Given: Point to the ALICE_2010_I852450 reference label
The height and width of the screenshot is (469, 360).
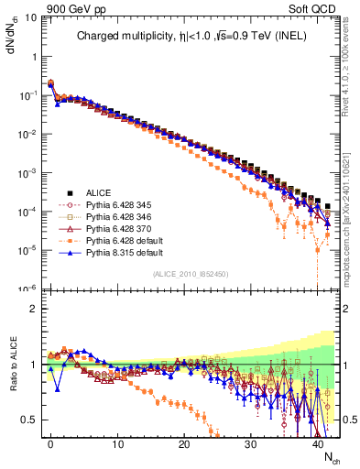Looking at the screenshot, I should (190, 273).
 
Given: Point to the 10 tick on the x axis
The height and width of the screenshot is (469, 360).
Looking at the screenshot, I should (117, 444).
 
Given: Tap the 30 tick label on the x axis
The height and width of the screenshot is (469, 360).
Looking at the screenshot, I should (250, 444).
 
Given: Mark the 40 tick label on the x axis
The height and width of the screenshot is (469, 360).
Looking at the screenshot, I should (317, 444).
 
